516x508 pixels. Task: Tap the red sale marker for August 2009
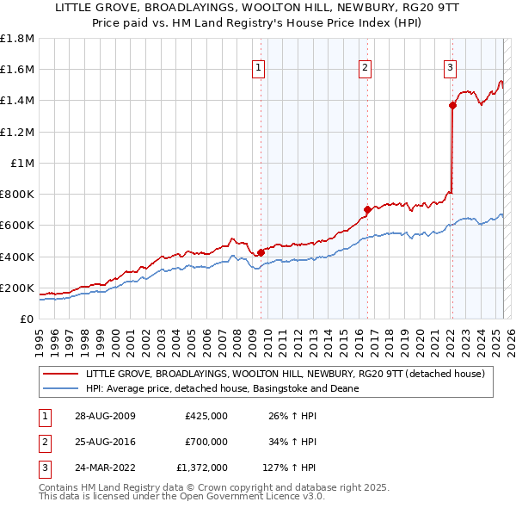coord(261,252)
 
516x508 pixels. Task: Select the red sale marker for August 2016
coord(367,209)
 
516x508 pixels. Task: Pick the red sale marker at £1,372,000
coord(452,105)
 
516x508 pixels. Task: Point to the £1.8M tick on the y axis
coord(17,39)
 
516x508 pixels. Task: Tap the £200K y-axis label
coord(17,288)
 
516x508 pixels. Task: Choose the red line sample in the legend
coord(60,374)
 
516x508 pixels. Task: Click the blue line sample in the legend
coord(60,388)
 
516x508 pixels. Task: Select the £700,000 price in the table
coord(206,442)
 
